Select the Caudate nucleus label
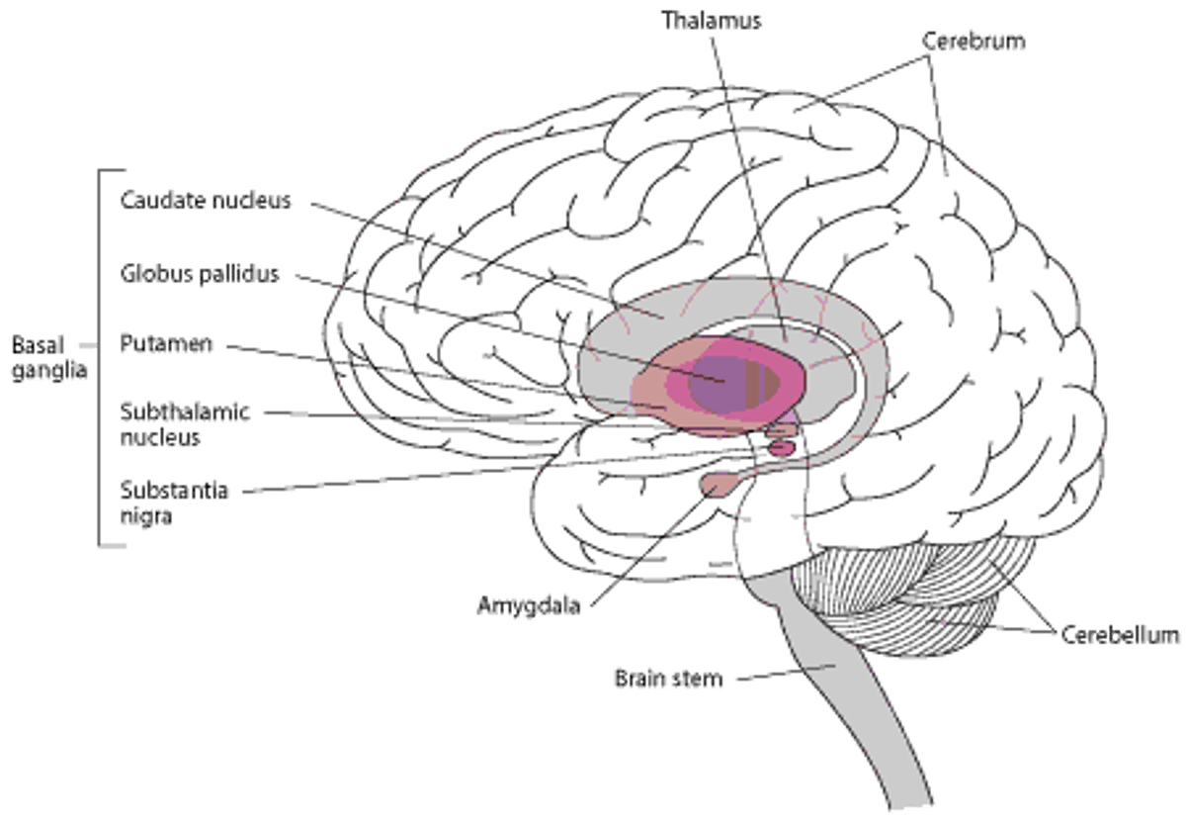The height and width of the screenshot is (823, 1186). [206, 201]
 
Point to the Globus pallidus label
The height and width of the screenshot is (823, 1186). [201, 274]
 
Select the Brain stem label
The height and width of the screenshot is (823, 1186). [668, 680]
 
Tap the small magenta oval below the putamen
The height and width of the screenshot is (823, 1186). [781, 448]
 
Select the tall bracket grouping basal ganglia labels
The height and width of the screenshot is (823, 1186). [99, 356]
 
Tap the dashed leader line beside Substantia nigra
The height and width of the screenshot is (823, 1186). [376, 482]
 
